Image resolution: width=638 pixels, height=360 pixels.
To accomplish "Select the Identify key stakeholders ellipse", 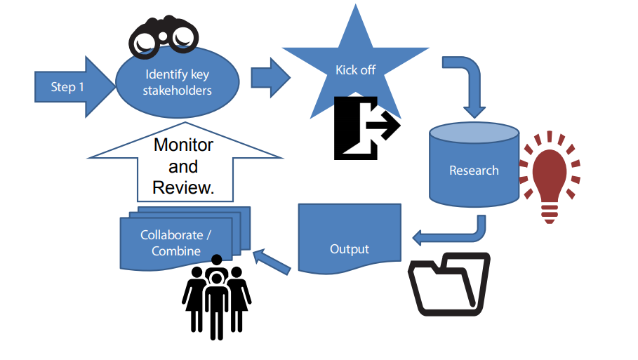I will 178,82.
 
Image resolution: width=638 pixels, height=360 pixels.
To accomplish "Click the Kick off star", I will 355,70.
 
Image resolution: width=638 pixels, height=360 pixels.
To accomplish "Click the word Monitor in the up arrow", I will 183,145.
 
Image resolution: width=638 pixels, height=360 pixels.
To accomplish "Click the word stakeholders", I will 178,91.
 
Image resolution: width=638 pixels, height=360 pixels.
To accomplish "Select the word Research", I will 474,171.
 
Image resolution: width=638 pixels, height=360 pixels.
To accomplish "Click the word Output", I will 350,249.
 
